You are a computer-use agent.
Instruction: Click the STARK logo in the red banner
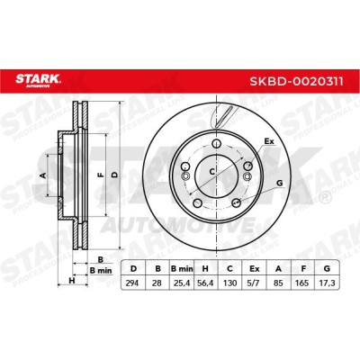pyautogui.click(x=38, y=81)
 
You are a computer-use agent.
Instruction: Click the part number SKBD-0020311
pyautogui.click(x=296, y=81)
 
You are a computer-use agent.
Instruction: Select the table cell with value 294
pyautogui.click(x=132, y=283)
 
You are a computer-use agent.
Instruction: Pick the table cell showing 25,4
pyautogui.click(x=181, y=283)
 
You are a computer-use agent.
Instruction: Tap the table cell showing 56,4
pyautogui.click(x=205, y=283)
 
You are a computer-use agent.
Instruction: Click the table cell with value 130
pyautogui.click(x=229, y=283)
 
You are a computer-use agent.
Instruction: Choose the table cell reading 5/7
pyautogui.click(x=254, y=283)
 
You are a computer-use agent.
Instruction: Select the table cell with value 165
pyautogui.click(x=302, y=283)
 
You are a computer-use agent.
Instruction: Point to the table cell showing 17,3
pyautogui.click(x=327, y=283)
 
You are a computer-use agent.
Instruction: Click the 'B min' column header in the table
pyautogui.click(x=182, y=268)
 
